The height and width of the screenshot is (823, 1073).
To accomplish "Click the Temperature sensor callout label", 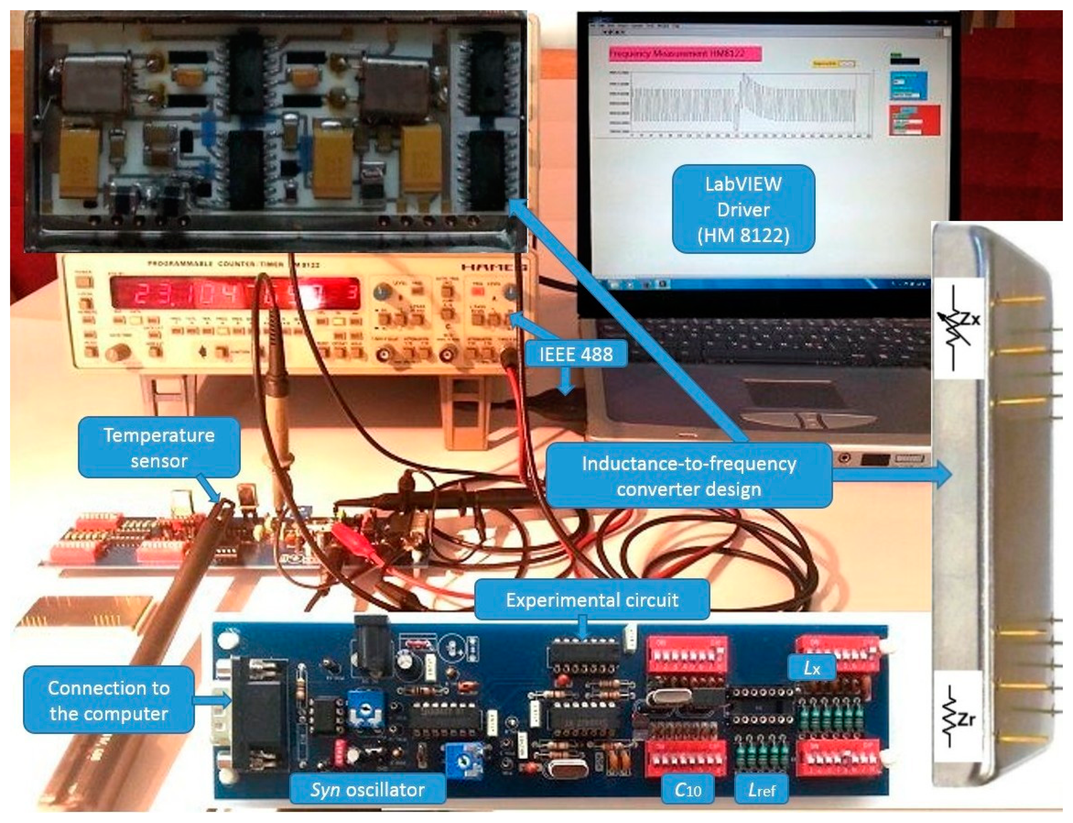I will [159, 447].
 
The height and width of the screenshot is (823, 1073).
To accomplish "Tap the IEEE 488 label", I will [576, 353].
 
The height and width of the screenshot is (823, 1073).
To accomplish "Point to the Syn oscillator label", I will [367, 789].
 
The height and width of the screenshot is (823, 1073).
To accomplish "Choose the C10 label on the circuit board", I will [688, 789].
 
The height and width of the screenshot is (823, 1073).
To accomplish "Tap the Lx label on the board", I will [811, 668].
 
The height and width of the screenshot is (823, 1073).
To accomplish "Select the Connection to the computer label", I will [109, 701].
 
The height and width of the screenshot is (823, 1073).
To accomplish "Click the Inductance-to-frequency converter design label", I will [689, 476].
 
